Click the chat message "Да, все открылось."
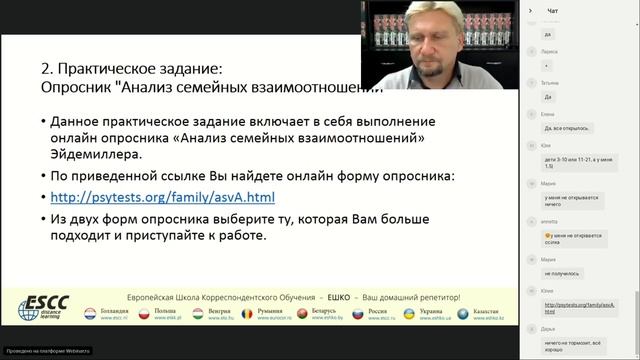click(x=563, y=128)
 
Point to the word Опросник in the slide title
click(x=74, y=87)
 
